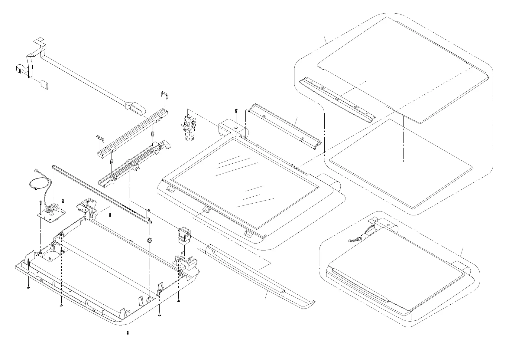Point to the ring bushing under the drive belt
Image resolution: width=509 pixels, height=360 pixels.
point(149,240)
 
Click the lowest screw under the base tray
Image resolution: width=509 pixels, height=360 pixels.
point(128,333)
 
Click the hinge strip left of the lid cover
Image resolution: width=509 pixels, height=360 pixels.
point(337,100)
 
